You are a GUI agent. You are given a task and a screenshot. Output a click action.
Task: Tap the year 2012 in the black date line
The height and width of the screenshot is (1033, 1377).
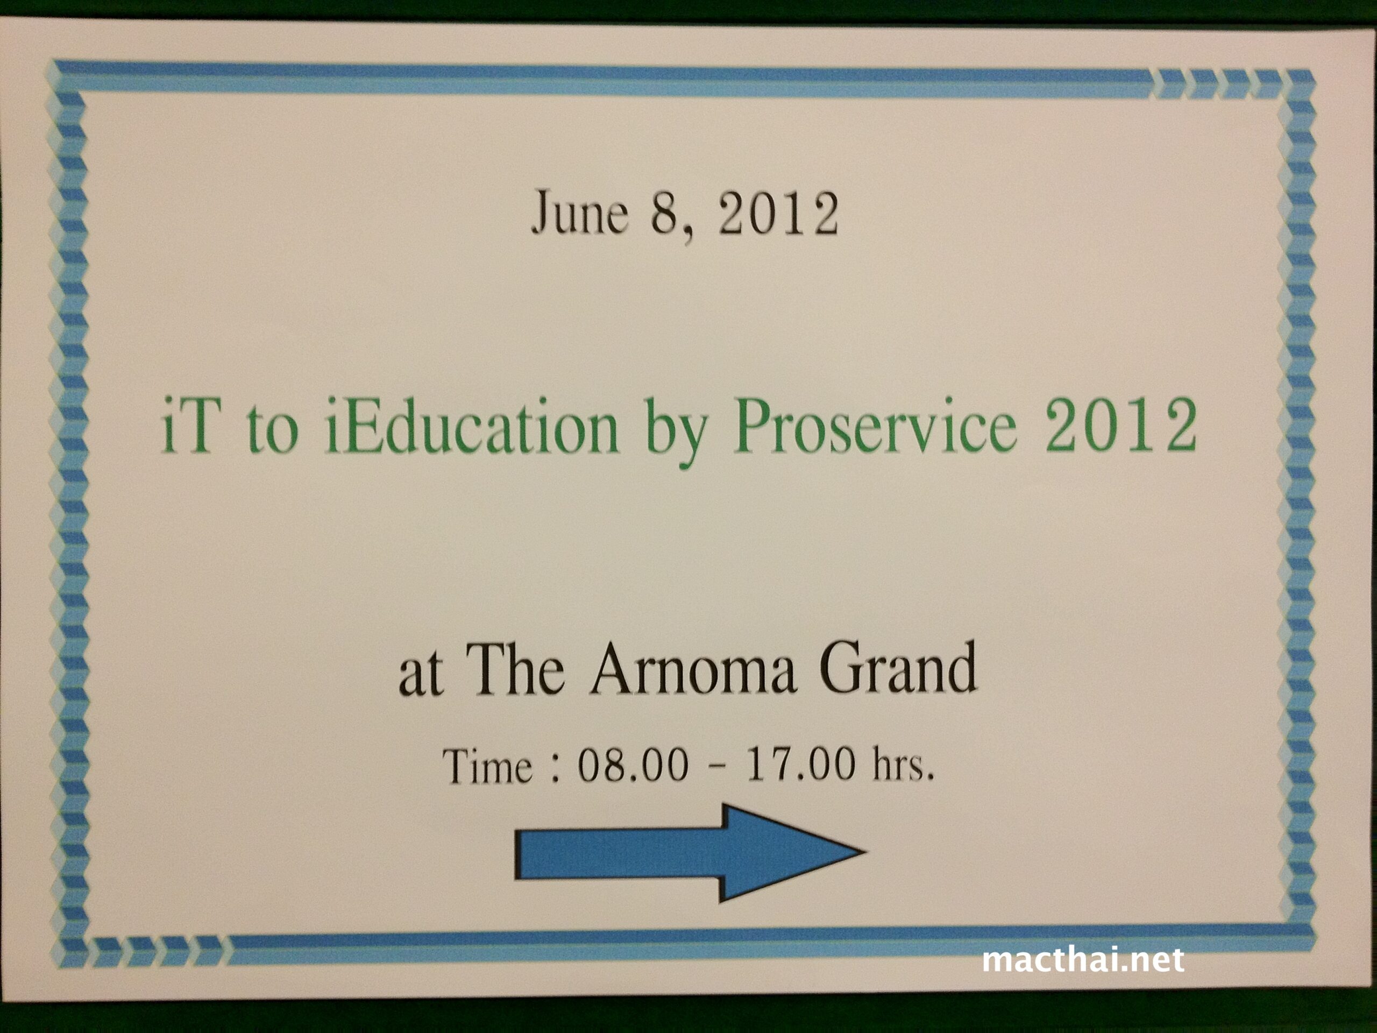point(778,213)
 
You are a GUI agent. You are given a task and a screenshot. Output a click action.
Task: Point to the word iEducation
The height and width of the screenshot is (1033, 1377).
point(471,427)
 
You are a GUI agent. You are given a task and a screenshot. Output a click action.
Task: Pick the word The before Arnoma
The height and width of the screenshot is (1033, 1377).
point(515,668)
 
